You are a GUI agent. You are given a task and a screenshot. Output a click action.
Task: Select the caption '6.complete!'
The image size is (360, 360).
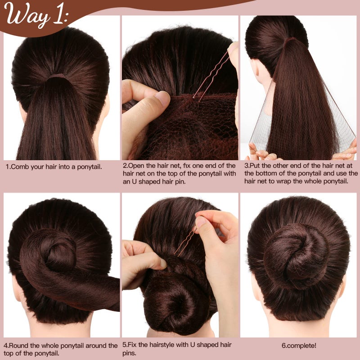(299, 346)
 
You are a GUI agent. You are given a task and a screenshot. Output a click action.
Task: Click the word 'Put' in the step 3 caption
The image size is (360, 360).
(256, 166)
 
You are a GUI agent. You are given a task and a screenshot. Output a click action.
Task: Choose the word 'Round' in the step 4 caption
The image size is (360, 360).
(21, 346)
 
